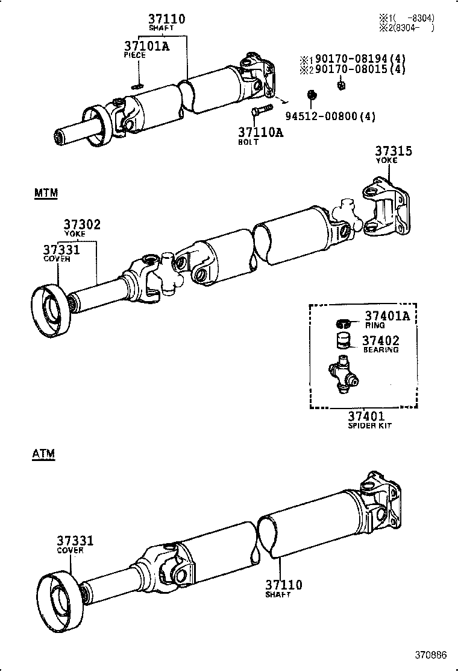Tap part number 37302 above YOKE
click(x=83, y=224)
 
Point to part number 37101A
click(x=146, y=46)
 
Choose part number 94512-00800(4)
click(x=330, y=116)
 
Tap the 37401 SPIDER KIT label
click(x=366, y=416)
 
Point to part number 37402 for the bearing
click(x=380, y=341)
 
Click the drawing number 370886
click(x=430, y=655)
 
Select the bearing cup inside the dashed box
click(x=344, y=340)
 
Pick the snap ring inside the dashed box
click(x=343, y=321)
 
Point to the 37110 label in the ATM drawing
click(x=283, y=585)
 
